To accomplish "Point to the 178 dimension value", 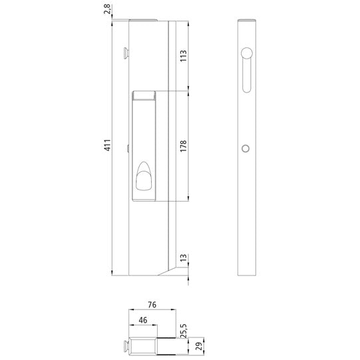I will click(x=184, y=145).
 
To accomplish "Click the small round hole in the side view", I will click(x=247, y=148).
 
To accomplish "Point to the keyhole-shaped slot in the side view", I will click(x=247, y=67).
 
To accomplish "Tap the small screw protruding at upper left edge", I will click(x=125, y=51).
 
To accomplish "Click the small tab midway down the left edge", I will click(x=126, y=148).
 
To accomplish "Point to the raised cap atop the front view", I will click(x=144, y=21).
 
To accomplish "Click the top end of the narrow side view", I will click(x=248, y=23).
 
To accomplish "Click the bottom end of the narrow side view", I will click(x=248, y=273).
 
